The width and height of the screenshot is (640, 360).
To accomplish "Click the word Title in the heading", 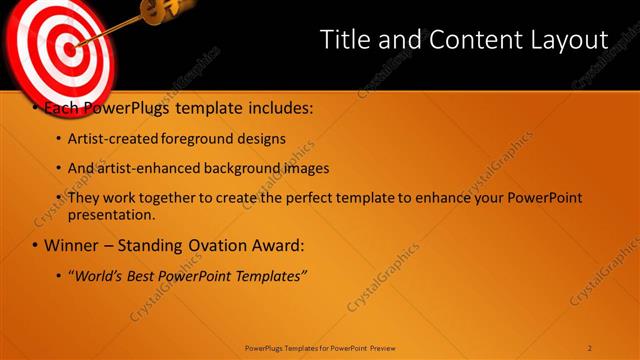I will click(x=342, y=39).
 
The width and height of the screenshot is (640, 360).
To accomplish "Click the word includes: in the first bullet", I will click(x=280, y=106).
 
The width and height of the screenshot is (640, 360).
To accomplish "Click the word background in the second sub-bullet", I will click(x=244, y=168).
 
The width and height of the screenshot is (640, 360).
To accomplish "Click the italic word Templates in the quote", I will click(x=270, y=275).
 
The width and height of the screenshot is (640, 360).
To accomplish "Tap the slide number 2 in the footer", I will click(x=590, y=348).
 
